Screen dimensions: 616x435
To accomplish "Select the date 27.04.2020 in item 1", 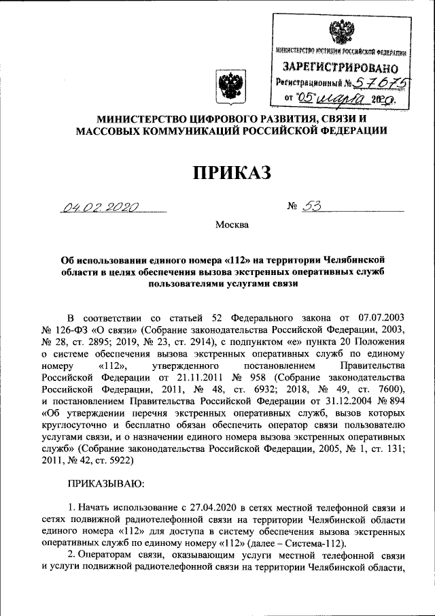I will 205,508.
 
